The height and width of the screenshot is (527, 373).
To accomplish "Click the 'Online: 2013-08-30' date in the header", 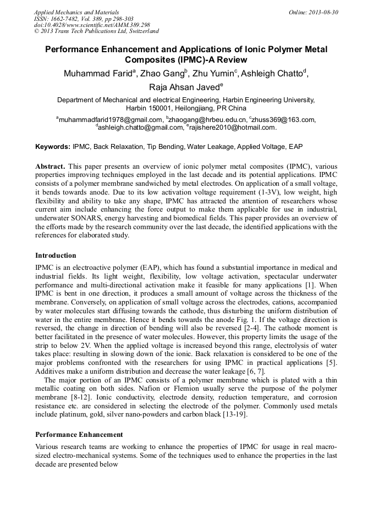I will click(312, 12).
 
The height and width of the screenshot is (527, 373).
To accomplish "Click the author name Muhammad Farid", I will click(96, 74).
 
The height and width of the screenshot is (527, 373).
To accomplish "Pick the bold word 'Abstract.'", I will click(51, 166).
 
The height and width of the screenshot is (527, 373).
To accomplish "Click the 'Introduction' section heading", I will click(56, 256).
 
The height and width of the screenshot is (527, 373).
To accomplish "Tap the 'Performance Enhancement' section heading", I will click(79, 435).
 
